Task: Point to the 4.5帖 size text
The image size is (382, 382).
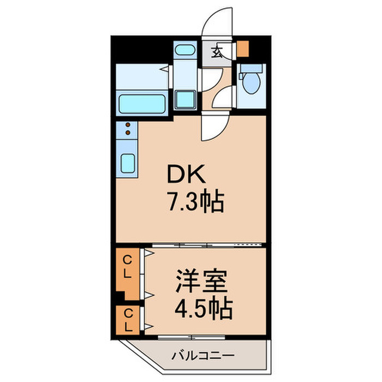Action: click(x=204, y=309)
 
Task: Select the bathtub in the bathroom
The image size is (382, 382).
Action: click(x=142, y=102)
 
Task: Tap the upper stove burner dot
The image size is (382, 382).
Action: click(x=128, y=124)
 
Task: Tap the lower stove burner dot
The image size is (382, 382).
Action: click(x=128, y=132)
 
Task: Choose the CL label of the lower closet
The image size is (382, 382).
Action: click(x=127, y=320)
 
